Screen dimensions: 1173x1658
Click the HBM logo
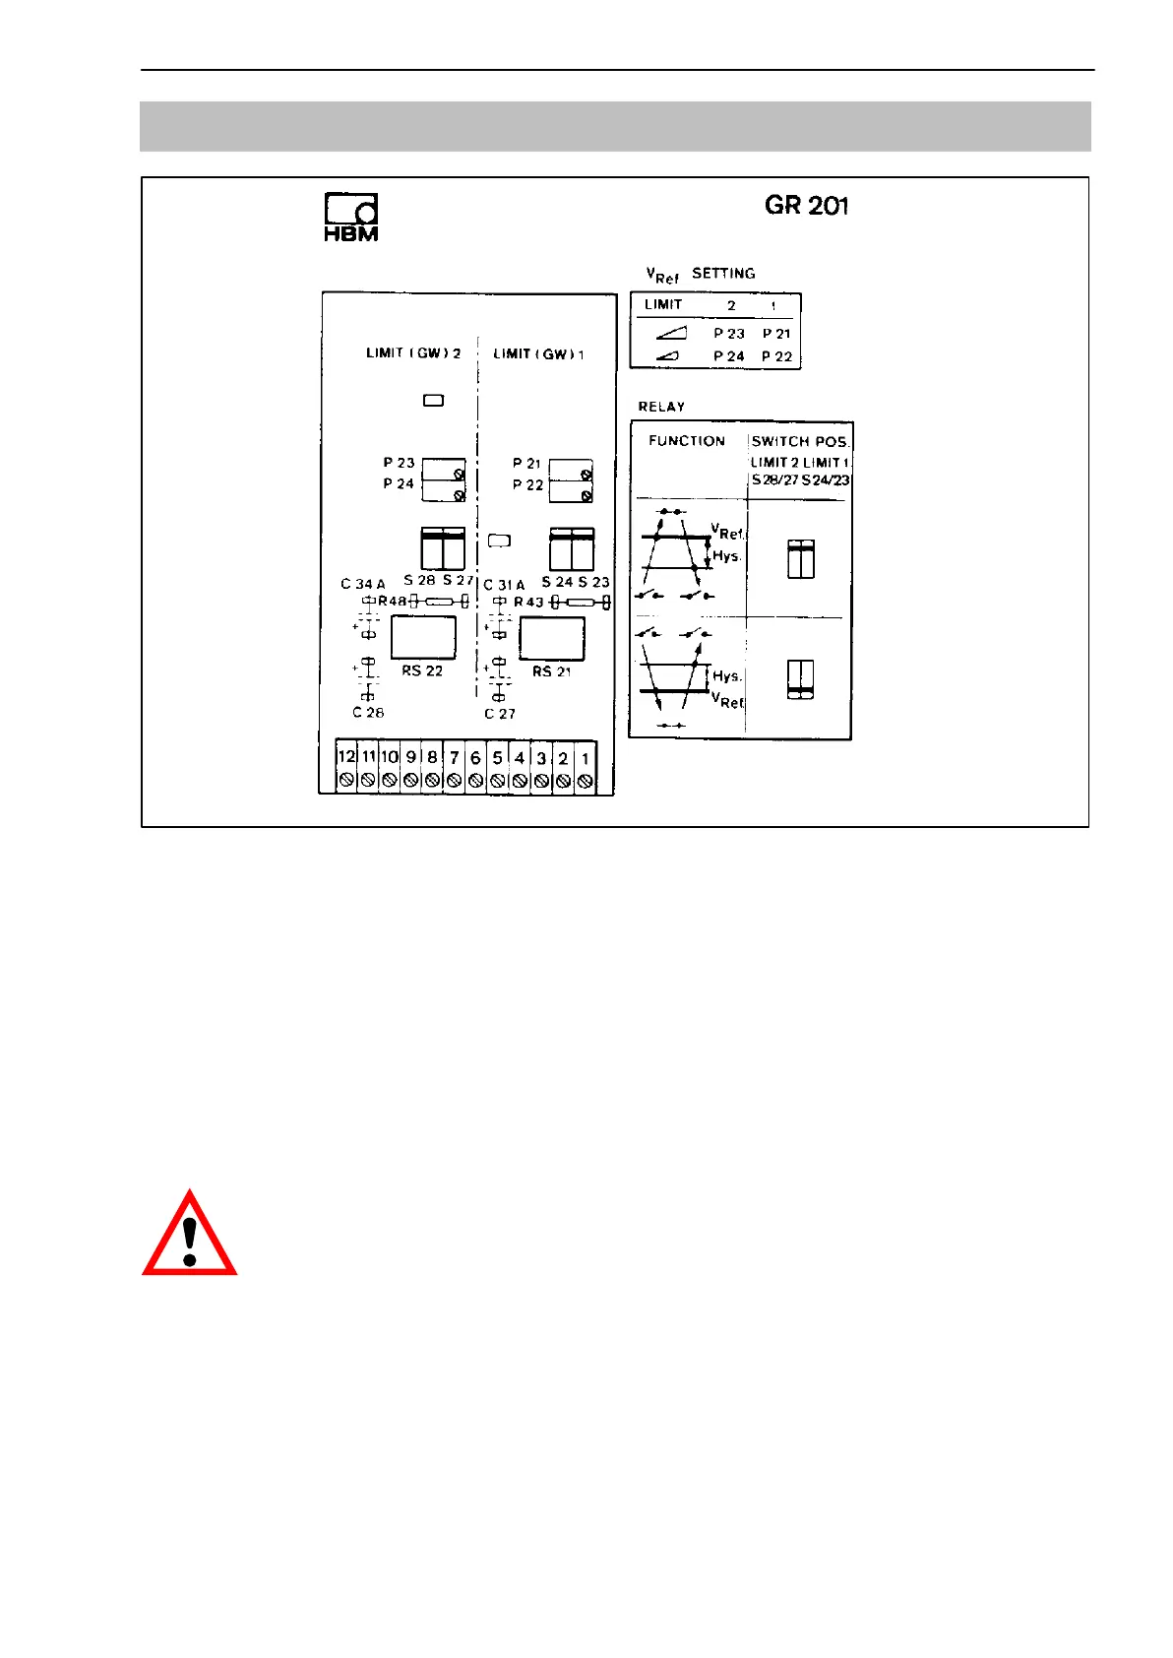tap(351, 217)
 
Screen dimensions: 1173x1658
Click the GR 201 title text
tap(806, 206)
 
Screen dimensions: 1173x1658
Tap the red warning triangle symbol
tap(190, 1236)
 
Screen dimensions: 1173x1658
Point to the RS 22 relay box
tap(423, 637)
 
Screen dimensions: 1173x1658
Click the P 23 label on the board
tap(399, 463)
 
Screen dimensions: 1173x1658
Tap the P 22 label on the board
tap(527, 484)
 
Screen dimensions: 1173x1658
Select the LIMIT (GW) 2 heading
tap(413, 352)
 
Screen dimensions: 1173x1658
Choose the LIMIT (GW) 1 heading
tap(538, 353)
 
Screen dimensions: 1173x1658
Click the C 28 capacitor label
tap(368, 712)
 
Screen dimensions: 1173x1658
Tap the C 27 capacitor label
tap(499, 714)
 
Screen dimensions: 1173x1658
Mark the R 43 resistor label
tap(528, 602)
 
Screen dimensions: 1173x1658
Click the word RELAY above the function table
tap(661, 407)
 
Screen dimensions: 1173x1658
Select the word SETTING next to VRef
tap(723, 273)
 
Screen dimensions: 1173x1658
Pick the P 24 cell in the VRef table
tap(729, 355)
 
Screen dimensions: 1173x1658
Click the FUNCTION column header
tap(687, 441)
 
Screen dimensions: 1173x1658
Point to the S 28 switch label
tap(419, 580)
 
